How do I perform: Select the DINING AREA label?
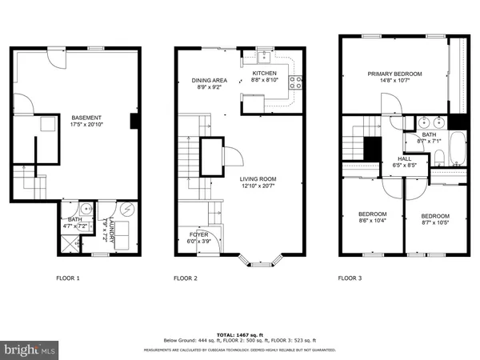[x=210, y=80]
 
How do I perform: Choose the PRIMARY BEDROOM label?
[x=392, y=74]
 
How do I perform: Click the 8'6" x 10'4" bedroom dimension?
[x=372, y=222]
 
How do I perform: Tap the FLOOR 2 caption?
[x=186, y=278]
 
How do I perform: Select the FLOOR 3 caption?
[x=350, y=278]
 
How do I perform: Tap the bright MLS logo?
[x=30, y=350]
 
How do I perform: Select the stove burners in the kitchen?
[x=297, y=80]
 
